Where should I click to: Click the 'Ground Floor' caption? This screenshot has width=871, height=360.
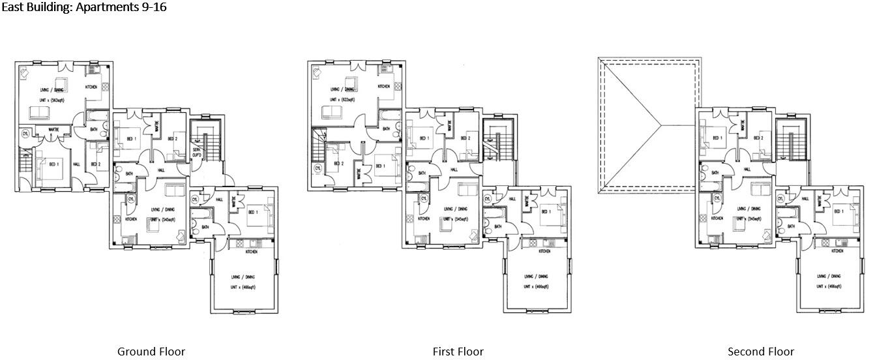click(x=151, y=352)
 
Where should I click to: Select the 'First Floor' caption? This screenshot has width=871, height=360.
click(x=458, y=352)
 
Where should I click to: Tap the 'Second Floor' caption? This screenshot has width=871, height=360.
click(x=760, y=352)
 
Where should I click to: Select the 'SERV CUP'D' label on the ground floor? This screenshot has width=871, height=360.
click(x=197, y=152)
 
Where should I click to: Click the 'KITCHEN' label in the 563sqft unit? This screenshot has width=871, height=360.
click(x=92, y=87)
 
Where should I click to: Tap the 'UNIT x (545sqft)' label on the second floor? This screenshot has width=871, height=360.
click(x=746, y=219)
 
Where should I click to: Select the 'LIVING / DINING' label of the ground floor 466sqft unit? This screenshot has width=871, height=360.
click(x=243, y=277)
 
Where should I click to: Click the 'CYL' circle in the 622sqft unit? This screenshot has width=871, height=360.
click(x=317, y=168)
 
